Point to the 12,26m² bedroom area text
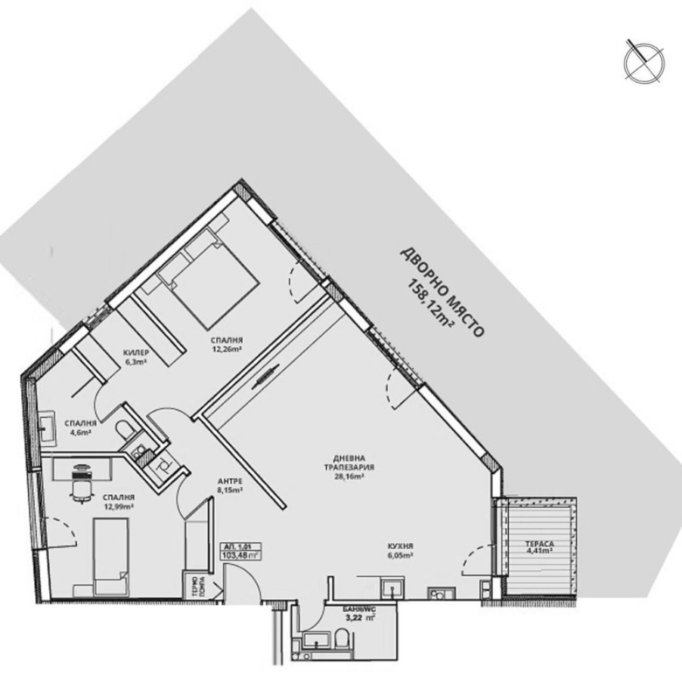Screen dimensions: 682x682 (x=226, y=350)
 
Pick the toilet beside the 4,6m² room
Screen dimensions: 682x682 (x=129, y=428)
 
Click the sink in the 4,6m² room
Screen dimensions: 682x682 (x=45, y=426)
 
